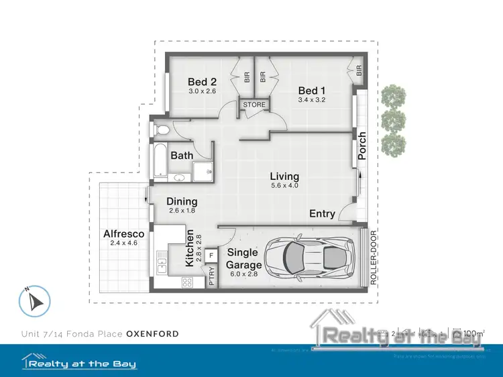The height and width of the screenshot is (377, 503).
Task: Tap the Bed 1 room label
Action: pos(311,91)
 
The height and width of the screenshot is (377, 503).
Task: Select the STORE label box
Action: pos(254,105)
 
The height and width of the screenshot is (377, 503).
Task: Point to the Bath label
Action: pos(182,156)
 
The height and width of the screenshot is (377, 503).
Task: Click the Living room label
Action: pos(284,176)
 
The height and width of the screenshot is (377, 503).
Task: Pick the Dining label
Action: pos(182,201)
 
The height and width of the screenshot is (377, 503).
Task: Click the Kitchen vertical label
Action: pos(190,248)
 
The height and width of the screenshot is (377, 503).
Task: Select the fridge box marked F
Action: pos(211,256)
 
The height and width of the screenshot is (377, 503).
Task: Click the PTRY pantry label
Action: pos(212,277)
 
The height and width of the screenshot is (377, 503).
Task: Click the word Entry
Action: pos(322,214)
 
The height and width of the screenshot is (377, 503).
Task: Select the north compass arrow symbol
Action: pos(35,301)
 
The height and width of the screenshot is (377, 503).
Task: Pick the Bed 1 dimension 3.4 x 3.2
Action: pos(311,101)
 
